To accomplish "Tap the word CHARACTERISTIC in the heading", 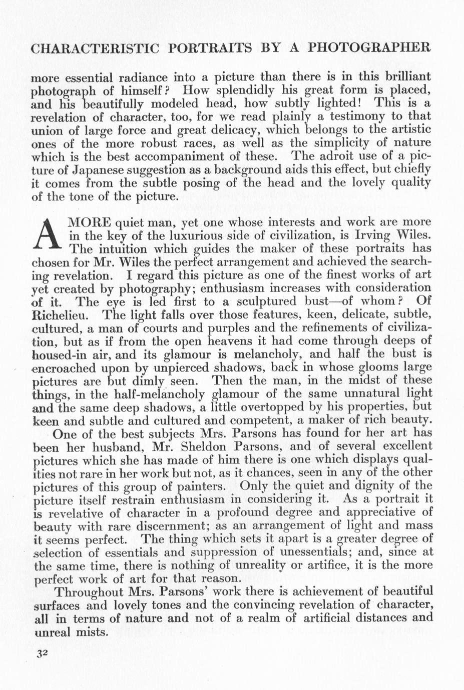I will coord(95,48).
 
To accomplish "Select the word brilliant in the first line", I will coord(402,77).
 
